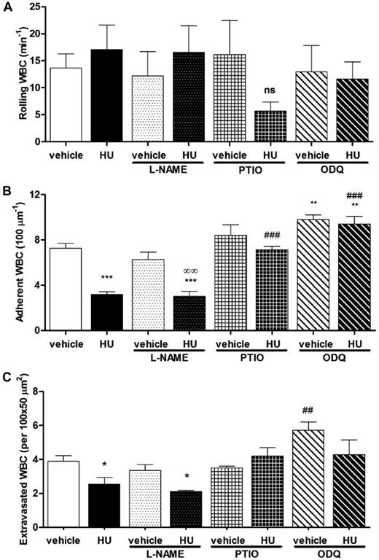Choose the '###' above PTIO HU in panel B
268,236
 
